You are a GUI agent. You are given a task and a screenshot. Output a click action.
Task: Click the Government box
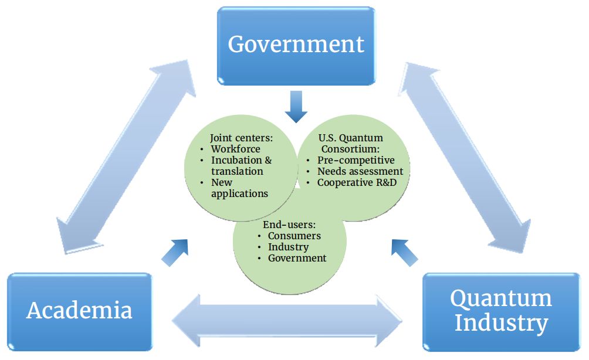click(296, 45)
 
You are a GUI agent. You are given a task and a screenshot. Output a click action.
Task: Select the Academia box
click(79, 311)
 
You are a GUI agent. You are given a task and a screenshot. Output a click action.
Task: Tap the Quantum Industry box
click(500, 311)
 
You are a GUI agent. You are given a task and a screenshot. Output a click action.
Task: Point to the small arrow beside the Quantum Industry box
click(405, 252)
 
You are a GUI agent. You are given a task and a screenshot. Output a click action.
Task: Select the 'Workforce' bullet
click(235, 149)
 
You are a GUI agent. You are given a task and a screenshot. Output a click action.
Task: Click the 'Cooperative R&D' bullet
click(356, 182)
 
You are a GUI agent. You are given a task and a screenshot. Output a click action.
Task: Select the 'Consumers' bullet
click(294, 236)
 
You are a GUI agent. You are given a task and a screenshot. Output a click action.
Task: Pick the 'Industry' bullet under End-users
click(288, 247)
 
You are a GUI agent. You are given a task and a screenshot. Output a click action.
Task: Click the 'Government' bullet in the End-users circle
click(297, 258)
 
